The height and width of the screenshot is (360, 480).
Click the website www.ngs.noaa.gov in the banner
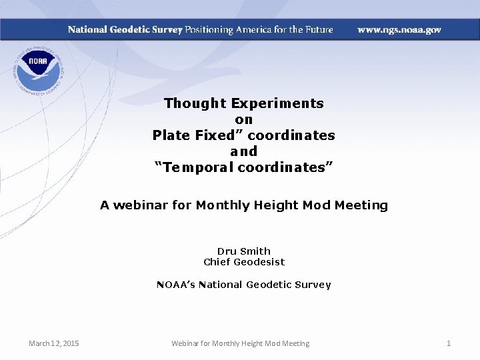(x=399, y=30)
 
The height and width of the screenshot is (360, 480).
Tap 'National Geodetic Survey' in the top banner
(x=125, y=30)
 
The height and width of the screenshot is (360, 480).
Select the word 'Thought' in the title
(x=195, y=103)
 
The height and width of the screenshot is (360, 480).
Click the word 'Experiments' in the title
(x=277, y=103)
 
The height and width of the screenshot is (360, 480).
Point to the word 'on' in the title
(x=244, y=119)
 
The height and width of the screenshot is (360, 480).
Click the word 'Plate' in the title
(x=171, y=135)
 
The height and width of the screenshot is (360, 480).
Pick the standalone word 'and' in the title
(x=244, y=151)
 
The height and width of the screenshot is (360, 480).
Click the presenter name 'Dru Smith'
(x=244, y=251)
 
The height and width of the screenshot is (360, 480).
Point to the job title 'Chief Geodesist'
(x=244, y=262)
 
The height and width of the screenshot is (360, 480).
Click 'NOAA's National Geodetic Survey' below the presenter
(x=244, y=285)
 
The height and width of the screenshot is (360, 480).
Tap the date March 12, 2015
(x=53, y=343)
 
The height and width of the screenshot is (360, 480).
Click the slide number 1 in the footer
(x=449, y=343)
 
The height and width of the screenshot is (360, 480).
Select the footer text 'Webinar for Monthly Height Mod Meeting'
(x=240, y=343)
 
